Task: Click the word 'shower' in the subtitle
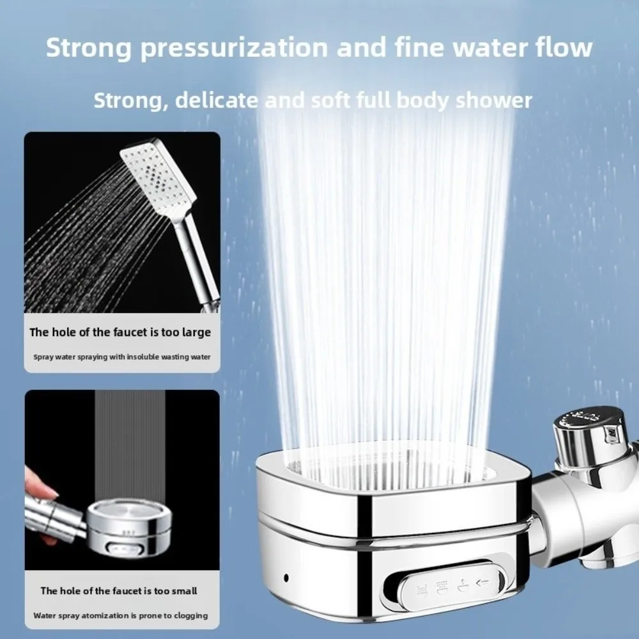[494, 100]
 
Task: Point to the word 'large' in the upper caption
[196, 333]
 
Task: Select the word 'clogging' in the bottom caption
[190, 616]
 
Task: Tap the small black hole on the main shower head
[286, 578]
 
